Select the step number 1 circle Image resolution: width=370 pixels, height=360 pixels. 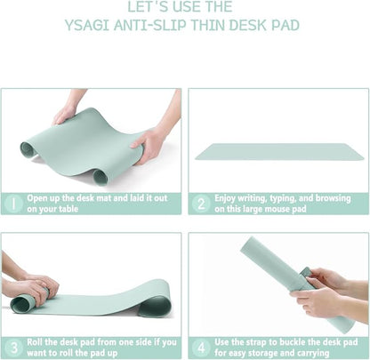coord(13,203)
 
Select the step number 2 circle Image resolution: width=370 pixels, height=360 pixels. coord(201,203)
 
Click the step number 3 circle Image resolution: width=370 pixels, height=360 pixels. coord(13,347)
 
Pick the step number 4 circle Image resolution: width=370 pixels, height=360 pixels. coord(201,347)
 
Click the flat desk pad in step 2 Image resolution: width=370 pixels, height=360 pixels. coord(279,151)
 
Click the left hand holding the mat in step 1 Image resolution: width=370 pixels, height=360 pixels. coord(65,113)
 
